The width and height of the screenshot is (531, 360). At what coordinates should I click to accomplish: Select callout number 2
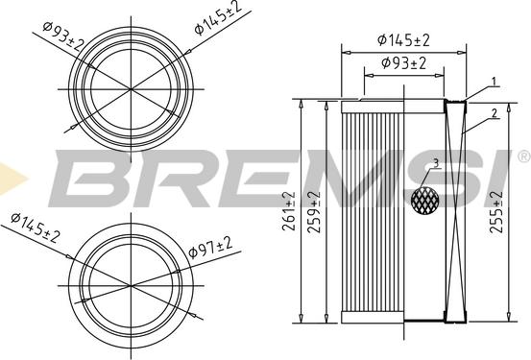pos(495,113)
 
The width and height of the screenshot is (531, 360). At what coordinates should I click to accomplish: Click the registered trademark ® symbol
pos(522,156)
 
